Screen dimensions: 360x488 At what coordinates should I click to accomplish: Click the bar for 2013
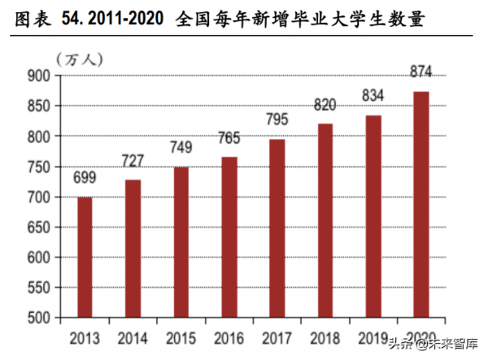click(x=85, y=257)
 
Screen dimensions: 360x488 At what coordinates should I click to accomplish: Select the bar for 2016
click(x=229, y=237)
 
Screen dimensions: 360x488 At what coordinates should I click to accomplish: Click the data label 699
click(x=85, y=176)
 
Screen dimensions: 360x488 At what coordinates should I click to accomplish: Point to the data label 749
click(x=181, y=148)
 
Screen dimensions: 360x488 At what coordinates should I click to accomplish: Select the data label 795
click(x=277, y=120)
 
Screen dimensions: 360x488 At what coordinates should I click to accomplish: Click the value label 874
click(x=420, y=73)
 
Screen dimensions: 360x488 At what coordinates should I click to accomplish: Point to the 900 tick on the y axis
click(x=38, y=76)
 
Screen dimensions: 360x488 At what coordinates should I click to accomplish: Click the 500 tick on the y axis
click(x=38, y=318)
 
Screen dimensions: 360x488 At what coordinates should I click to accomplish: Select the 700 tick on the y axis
click(x=38, y=197)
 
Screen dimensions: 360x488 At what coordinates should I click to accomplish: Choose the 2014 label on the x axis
click(x=133, y=336)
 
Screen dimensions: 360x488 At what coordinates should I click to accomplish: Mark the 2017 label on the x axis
click(x=277, y=336)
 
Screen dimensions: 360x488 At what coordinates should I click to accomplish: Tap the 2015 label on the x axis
click(x=181, y=336)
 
